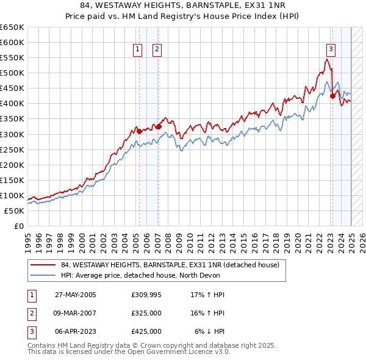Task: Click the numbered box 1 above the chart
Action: click(x=138, y=50)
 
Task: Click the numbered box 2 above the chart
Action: click(x=157, y=50)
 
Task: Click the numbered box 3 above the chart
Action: click(x=331, y=50)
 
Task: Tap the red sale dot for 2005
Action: click(x=139, y=131)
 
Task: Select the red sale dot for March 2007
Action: click(x=159, y=126)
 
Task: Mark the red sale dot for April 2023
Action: click(x=332, y=95)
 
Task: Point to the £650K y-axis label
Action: click(x=12, y=27)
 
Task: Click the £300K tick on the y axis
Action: click(x=12, y=134)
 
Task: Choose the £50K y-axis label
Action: click(x=15, y=211)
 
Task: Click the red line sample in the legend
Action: click(x=43, y=265)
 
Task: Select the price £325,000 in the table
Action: click(x=146, y=314)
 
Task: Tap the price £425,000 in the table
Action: click(x=146, y=331)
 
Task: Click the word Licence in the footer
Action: click(x=203, y=352)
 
